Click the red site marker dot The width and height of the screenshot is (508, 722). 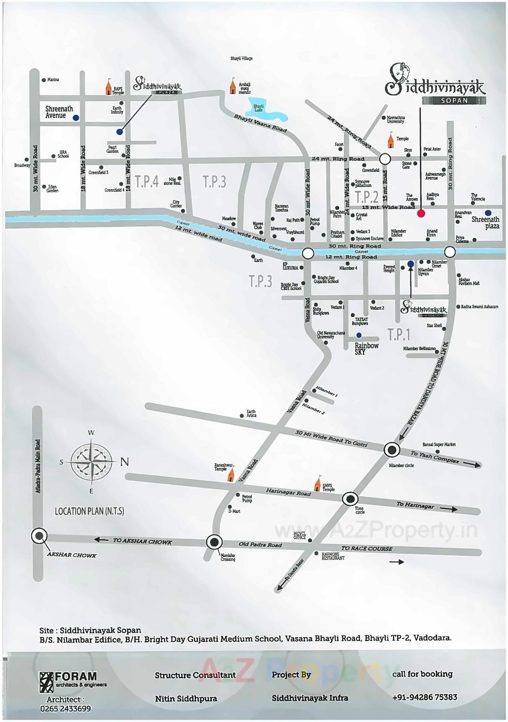click(x=421, y=214)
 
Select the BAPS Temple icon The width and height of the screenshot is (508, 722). click(x=108, y=87)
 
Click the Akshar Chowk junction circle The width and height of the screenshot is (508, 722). click(x=39, y=536)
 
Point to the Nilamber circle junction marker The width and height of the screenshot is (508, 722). click(x=391, y=449)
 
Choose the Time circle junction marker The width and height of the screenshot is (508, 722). click(x=350, y=499)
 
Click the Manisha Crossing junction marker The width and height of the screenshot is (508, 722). click(x=214, y=542)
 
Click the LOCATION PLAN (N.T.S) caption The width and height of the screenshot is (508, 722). click(x=89, y=511)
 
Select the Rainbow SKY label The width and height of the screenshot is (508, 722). click(x=366, y=349)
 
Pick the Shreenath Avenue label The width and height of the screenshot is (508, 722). click(x=59, y=112)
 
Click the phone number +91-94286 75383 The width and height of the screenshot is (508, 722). click(x=425, y=697)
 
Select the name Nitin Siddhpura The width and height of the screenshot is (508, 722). click(x=186, y=699)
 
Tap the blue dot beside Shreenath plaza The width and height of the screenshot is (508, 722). click(x=488, y=213)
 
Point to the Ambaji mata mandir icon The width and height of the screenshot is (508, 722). click(x=233, y=87)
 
